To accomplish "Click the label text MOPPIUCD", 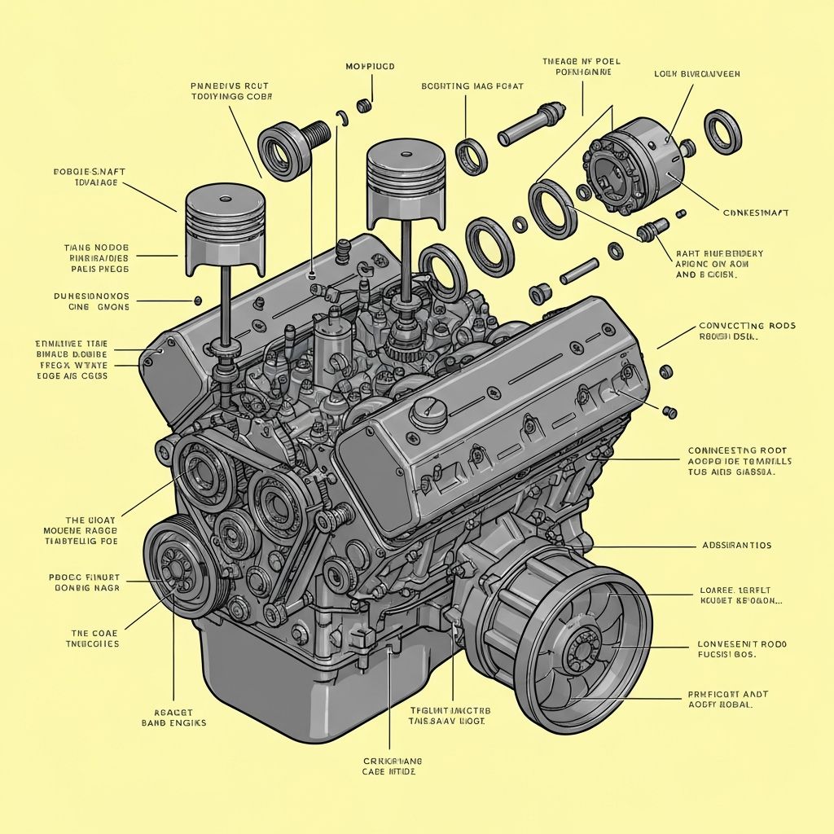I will click(370, 66).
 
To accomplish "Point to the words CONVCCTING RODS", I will click(747, 327).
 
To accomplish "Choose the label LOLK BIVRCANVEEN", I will click(696, 73).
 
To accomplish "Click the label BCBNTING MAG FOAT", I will click(472, 86).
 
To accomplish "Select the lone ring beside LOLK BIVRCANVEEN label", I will click(722, 131).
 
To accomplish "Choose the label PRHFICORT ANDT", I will click(727, 695).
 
